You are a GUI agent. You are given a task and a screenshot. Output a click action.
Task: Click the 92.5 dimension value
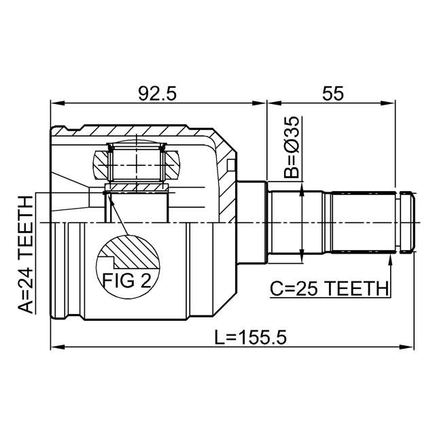(x=157, y=94)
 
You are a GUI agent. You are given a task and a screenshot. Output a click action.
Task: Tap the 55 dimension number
(x=332, y=94)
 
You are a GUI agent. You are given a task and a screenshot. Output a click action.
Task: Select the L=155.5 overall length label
(x=251, y=337)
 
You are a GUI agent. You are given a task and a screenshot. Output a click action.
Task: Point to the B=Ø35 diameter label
(x=292, y=147)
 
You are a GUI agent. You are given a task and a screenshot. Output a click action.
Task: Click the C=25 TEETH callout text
(x=329, y=288)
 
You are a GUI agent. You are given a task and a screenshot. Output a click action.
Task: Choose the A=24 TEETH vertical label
(x=25, y=255)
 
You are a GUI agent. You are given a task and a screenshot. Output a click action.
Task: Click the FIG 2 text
(x=127, y=280)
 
